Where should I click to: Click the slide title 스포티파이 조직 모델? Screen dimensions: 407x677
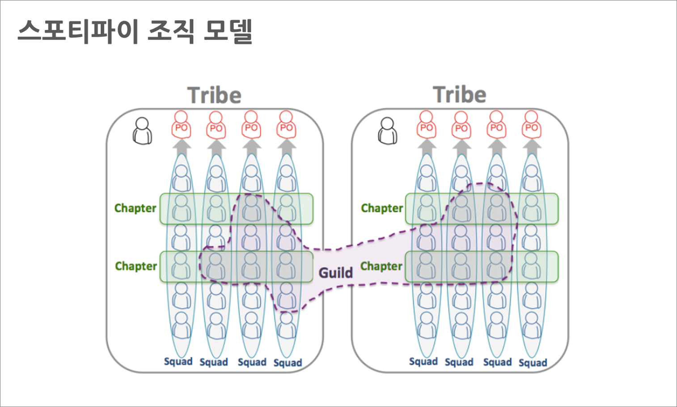coord(135,31)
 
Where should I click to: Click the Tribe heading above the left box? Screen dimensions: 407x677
coord(214,95)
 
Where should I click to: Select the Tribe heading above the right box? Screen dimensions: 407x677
coord(460,95)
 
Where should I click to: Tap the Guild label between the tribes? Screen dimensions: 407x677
coord(335,272)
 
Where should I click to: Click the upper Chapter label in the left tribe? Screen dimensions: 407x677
coord(135,208)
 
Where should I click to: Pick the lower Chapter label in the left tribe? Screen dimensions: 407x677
coord(136,266)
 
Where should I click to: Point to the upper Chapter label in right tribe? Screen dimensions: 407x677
coord(382,208)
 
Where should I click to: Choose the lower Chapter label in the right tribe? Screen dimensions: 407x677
coord(381,266)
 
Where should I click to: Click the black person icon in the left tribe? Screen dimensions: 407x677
coord(142,131)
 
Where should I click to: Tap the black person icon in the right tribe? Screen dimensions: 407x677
coord(387,131)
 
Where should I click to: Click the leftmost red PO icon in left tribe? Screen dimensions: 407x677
coord(181,125)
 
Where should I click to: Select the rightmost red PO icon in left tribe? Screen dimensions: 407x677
coord(286,125)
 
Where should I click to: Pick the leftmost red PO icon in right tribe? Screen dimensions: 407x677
coord(426,125)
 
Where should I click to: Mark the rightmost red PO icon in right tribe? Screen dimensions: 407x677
coord(531,125)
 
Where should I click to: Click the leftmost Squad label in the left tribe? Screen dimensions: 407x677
coord(178,361)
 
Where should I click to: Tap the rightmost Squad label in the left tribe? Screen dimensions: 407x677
coord(288,363)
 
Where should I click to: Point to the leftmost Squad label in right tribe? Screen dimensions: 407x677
coord(423,361)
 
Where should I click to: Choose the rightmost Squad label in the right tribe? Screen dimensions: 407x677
coord(533,363)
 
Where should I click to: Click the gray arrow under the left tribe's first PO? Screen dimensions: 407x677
coord(181,147)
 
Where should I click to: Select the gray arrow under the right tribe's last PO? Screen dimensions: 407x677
coord(531,147)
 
